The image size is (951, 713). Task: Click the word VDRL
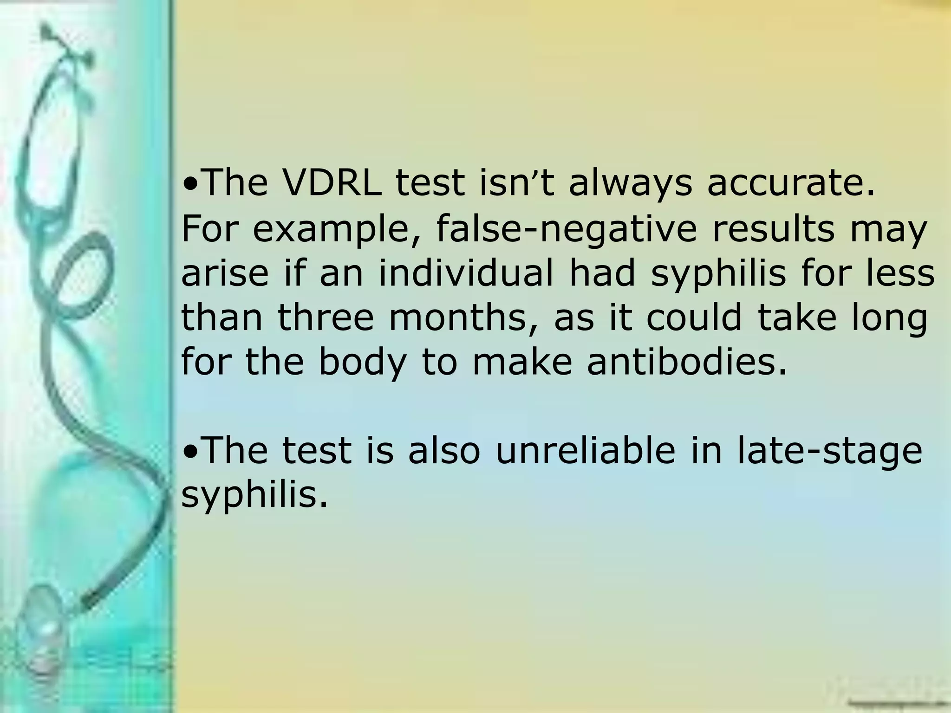[x=332, y=182]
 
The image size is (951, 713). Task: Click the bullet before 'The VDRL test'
[x=190, y=185]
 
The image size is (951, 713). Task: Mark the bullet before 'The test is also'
[x=190, y=452]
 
